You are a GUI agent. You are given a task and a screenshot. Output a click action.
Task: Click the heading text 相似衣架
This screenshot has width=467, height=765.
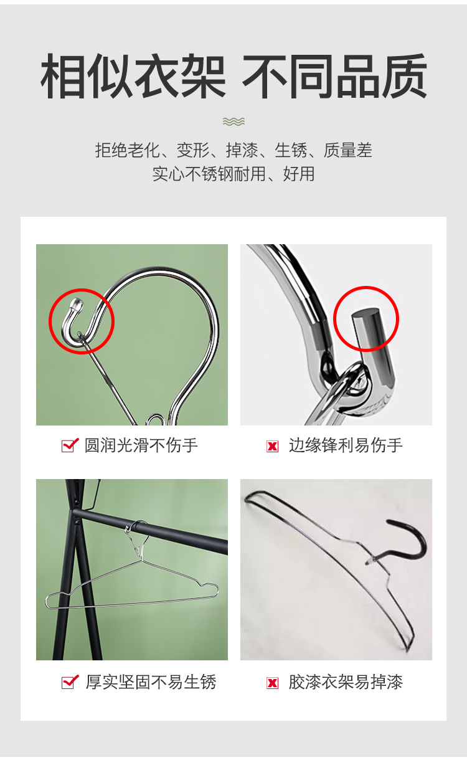133,78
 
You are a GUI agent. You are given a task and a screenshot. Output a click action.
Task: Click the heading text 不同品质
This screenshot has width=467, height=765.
334,78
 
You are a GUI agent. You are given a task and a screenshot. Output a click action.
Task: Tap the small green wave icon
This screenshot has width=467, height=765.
233,121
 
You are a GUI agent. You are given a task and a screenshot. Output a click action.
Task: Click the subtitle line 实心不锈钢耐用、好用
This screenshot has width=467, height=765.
233,174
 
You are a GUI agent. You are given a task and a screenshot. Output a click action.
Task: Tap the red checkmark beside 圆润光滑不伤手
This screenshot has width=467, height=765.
70,445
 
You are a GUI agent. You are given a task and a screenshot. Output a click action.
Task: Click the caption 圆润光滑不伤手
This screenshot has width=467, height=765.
141,445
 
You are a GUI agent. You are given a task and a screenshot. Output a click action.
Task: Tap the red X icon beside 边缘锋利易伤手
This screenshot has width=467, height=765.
272,446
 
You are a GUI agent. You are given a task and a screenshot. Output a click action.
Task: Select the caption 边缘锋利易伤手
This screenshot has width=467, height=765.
346,445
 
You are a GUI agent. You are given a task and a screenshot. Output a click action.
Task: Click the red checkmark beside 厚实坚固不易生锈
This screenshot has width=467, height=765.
70,682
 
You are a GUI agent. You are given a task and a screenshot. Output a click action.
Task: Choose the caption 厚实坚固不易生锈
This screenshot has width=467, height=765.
151,682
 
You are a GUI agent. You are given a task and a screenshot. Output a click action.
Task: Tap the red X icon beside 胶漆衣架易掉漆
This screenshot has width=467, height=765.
272,683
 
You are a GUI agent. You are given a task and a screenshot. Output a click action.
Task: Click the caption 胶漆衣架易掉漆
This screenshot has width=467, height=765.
346,682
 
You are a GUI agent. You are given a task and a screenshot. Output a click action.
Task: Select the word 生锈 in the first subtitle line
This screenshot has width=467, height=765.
291,150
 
